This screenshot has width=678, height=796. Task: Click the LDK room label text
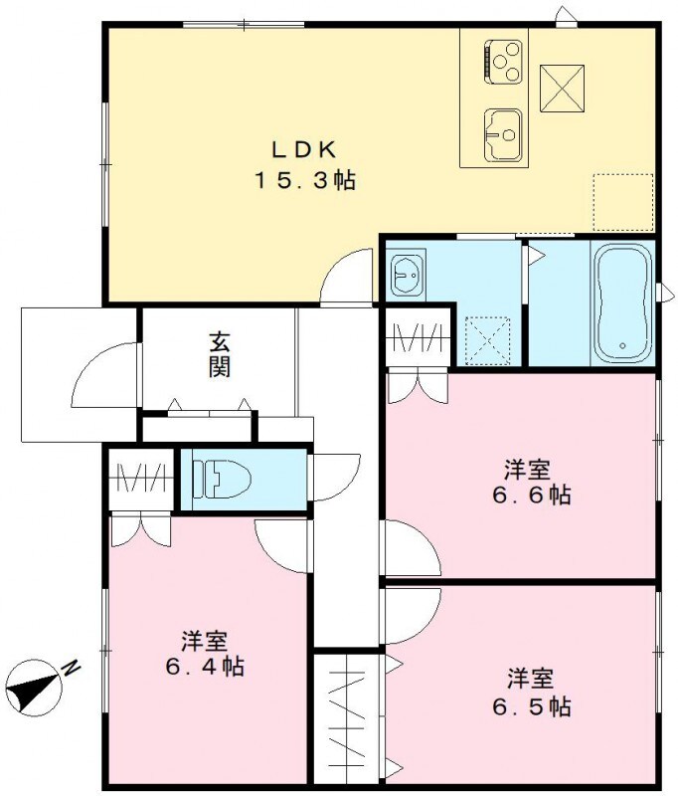point(306,149)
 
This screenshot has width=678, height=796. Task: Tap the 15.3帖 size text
point(305,181)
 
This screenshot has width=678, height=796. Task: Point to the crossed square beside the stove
point(561,87)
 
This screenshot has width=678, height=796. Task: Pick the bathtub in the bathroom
point(621,300)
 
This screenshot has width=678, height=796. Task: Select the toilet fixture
point(222,479)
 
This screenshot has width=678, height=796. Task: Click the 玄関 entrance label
point(220,353)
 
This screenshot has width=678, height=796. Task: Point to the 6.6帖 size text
point(528,495)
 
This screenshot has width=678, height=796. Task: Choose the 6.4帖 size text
point(205,666)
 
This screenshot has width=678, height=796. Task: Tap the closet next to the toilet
point(140,479)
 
